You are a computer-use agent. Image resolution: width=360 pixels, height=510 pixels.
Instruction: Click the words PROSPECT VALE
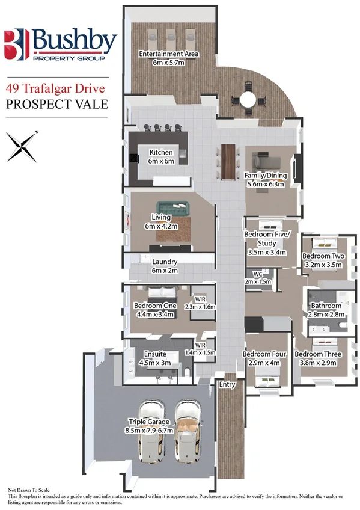click(x=56, y=103)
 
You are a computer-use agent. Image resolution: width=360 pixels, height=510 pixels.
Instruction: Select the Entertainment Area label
click(x=168, y=54)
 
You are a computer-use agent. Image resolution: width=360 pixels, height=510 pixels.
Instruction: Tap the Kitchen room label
click(x=161, y=153)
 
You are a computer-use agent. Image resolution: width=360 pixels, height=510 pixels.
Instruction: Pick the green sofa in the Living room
click(x=171, y=208)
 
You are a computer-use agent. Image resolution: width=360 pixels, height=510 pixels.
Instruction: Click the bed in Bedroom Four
click(x=265, y=379)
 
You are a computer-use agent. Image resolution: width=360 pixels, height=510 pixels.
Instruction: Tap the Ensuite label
click(x=155, y=354)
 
